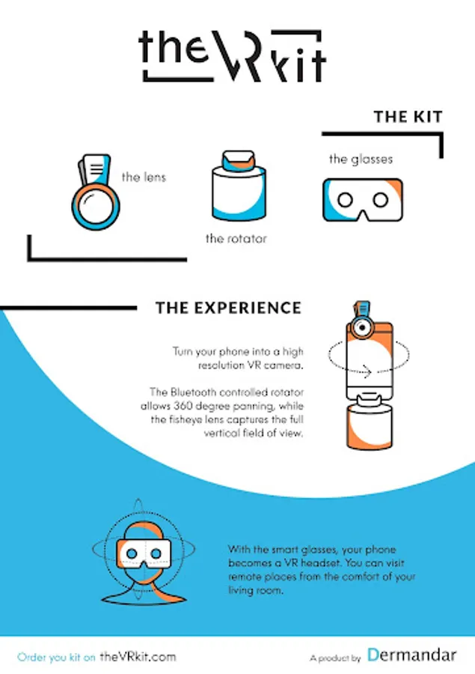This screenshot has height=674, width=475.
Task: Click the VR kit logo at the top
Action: coord(232,56)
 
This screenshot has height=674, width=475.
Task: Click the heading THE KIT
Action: coord(408,117)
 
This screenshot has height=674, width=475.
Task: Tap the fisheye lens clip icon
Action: coord(96,191)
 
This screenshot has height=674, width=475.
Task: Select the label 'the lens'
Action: coord(144,177)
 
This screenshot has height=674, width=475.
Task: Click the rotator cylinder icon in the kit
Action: coord(239,186)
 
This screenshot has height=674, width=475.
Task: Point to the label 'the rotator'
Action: coord(236,239)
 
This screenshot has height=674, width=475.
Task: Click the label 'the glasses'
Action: coord(361,160)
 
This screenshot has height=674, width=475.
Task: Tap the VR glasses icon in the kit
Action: coord(363,200)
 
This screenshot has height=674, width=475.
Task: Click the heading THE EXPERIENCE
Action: coord(228,309)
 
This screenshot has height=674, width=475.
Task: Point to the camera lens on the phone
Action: coord(363,327)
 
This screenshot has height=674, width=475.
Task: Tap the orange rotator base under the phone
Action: coord(370,426)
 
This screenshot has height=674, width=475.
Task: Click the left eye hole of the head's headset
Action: coord(132,553)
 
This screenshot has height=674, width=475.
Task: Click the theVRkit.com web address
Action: coord(138,657)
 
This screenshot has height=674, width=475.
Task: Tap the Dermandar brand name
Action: coord(412,655)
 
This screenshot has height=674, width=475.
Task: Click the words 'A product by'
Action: coord(335,658)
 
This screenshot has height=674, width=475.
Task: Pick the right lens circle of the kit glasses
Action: coord(381,200)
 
